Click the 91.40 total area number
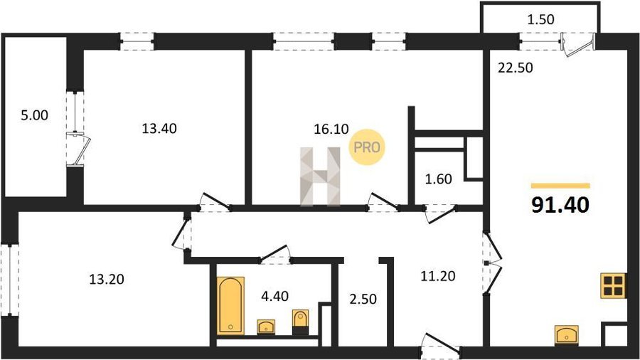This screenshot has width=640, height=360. (x=560, y=204)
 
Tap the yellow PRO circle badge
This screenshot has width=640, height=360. (x=366, y=147)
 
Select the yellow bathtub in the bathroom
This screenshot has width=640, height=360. (x=230, y=306)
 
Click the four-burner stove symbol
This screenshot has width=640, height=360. (x=614, y=285)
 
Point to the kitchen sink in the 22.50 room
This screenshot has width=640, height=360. (x=567, y=334)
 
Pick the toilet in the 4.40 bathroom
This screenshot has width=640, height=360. (x=300, y=322)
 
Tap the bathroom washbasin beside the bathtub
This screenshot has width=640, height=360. (x=266, y=327)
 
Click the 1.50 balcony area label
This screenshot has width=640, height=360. (x=540, y=20)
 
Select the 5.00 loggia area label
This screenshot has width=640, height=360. (x=34, y=115)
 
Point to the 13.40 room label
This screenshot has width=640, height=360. (x=159, y=129)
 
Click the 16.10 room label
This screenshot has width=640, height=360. (x=331, y=129)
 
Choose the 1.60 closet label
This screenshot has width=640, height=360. (x=438, y=179)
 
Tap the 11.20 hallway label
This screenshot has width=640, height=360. (x=438, y=276)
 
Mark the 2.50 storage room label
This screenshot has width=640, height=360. (x=363, y=300)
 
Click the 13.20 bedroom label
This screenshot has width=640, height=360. (x=107, y=280)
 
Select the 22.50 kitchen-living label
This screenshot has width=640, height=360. (x=515, y=68)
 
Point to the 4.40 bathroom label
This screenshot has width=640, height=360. (x=274, y=296)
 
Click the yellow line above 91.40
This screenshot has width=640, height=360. (x=560, y=186)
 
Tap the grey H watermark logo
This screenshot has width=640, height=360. (x=320, y=176)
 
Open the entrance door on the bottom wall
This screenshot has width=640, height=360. (x=440, y=345)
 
